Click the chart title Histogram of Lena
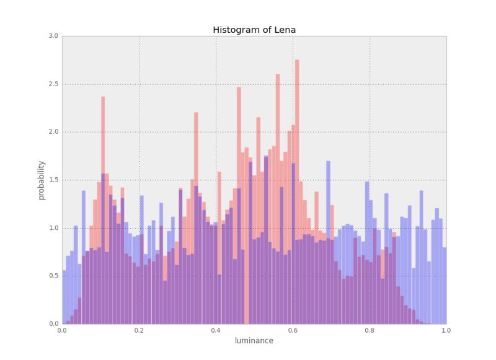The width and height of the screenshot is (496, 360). [x=254, y=30]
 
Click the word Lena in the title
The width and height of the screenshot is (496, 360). [x=285, y=30]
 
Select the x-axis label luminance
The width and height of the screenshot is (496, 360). [x=254, y=340]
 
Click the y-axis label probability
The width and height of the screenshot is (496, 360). [x=42, y=180]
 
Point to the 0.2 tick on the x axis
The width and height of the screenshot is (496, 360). [x=139, y=330]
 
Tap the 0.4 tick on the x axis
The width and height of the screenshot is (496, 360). [x=216, y=330]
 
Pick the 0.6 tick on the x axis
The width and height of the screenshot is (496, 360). [x=293, y=330]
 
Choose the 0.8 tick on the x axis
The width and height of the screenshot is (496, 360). [x=370, y=330]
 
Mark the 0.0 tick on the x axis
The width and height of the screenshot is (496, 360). [x=62, y=330]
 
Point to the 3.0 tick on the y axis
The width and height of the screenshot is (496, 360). [x=53, y=36]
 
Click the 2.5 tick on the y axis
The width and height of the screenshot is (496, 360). [x=53, y=84]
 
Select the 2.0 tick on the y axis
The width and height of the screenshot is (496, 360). [x=53, y=132]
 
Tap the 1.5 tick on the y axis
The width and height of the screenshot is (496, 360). [x=53, y=180]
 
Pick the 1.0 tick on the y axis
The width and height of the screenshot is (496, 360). [x=53, y=228]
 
